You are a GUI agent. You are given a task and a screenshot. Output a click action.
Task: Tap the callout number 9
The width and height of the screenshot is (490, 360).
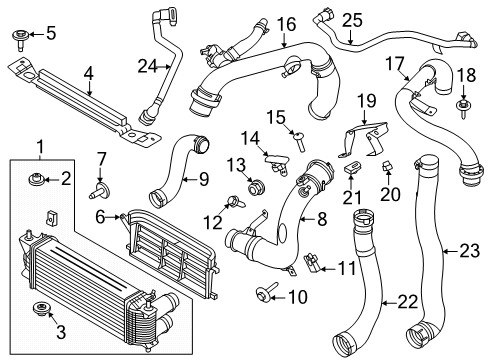pyautogui.click(x=203, y=180)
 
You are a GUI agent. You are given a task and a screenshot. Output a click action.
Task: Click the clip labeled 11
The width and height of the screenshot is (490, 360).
pyautogui.click(x=313, y=264)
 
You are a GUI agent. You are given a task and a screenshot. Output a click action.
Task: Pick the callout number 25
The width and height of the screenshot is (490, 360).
pyautogui.click(x=350, y=19)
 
